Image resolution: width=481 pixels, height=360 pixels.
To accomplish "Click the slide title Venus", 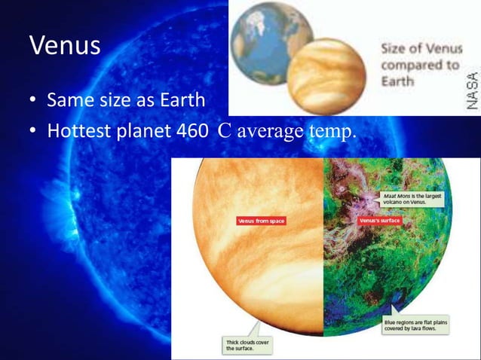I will (65, 46).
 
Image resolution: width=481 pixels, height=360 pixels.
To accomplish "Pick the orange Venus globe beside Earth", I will (326, 75).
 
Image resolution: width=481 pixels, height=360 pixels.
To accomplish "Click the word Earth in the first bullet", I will (185, 99).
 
